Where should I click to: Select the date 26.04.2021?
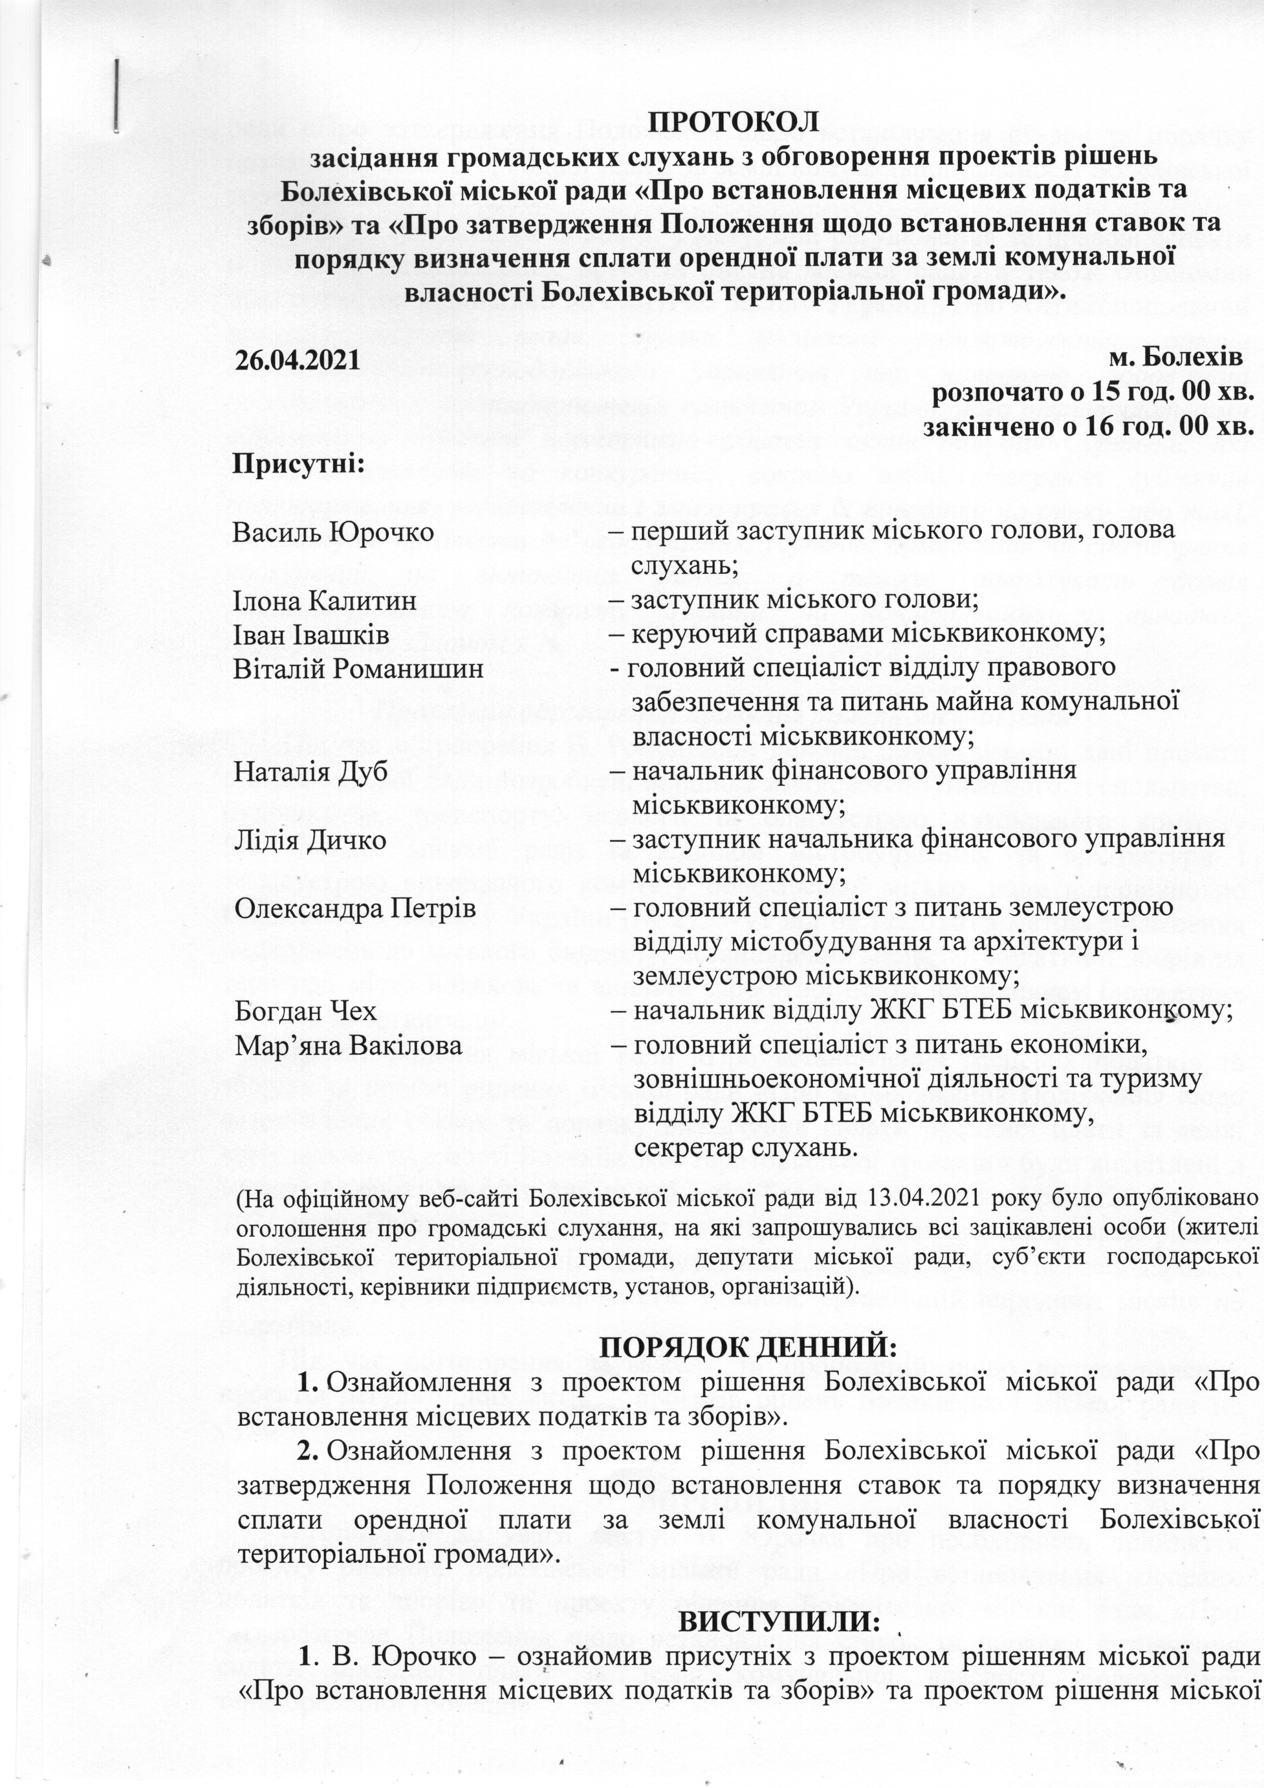[x=298, y=361]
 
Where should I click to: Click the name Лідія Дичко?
[x=309, y=840]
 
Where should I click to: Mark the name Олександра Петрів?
[x=355, y=908]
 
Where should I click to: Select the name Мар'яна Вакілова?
[x=348, y=1045]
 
